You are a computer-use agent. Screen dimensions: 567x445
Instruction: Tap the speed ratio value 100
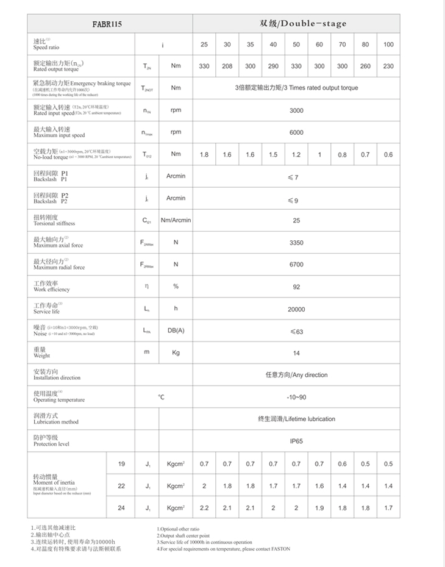pos(388,45)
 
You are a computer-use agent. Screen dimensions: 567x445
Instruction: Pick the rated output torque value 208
pos(227,66)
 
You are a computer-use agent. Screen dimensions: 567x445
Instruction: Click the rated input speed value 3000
pos(296,110)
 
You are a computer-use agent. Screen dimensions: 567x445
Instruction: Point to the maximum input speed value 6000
pos(296,132)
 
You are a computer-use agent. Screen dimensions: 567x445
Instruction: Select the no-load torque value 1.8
pos(204,155)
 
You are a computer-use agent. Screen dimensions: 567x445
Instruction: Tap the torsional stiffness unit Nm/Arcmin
pos(176,220)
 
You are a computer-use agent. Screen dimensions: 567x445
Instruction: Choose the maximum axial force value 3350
pos(296,243)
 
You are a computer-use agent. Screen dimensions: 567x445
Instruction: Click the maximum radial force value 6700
pos(296,265)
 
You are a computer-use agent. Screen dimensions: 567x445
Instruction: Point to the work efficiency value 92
pos(296,287)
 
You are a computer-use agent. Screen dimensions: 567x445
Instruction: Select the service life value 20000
pos(296,309)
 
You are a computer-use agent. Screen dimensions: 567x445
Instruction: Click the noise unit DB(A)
pos(176,331)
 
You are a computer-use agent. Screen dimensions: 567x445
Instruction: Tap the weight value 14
pos(296,353)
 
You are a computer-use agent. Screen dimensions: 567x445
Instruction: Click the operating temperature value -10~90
pos(296,397)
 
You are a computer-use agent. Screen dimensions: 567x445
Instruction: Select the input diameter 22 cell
pos(121,486)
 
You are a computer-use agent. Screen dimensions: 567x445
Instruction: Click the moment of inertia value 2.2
pos(204,508)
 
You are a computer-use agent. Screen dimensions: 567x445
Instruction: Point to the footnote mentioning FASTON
pos(223,549)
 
